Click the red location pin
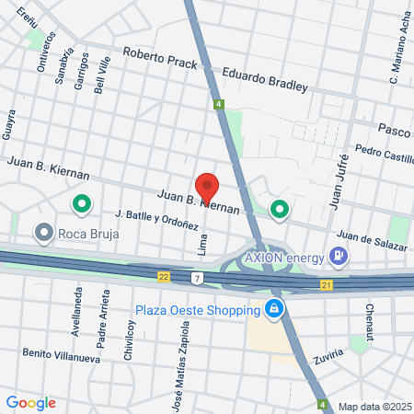(207, 187)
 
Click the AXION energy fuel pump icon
(339, 255)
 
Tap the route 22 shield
(164, 276)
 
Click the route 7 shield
(196, 278)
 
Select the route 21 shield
(327, 285)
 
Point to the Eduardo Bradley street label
(262, 79)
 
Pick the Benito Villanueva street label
(61, 355)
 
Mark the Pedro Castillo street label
(385, 154)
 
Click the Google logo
(31, 402)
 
